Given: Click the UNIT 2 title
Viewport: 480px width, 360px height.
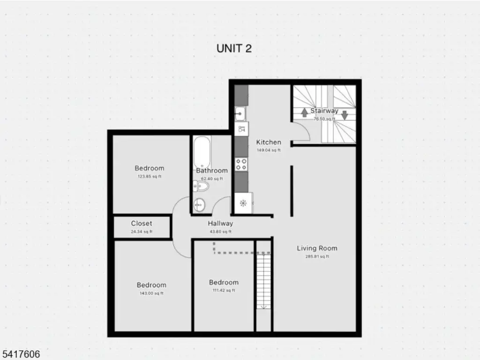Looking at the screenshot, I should click(x=234, y=48).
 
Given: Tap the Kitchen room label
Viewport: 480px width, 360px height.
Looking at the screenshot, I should click(x=269, y=142).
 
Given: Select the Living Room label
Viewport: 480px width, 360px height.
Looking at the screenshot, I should click(x=317, y=248).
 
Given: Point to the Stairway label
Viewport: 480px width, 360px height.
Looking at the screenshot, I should click(x=324, y=111).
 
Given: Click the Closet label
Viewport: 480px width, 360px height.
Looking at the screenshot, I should click(x=142, y=224).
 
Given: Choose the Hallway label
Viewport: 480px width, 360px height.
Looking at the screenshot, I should click(x=220, y=224).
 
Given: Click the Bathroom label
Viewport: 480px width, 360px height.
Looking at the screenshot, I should click(x=212, y=171).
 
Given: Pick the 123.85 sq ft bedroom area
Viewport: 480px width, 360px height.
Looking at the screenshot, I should click(x=150, y=177).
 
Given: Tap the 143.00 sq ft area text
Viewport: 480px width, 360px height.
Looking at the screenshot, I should click(x=151, y=293).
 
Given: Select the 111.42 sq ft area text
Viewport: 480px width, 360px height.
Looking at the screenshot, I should click(x=224, y=291).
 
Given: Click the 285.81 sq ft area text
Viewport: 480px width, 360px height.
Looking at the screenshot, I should click(x=317, y=256).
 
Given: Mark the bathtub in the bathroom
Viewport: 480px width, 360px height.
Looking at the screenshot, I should click(x=202, y=151).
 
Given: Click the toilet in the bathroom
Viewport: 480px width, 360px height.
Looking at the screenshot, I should click(x=201, y=187).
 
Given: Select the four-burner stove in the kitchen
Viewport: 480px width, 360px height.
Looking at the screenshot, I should click(x=241, y=164).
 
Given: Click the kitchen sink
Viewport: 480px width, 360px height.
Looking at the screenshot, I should click(x=240, y=113).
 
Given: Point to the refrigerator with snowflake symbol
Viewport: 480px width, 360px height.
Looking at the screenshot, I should click(x=243, y=203).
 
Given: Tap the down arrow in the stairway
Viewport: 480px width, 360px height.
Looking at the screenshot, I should click(x=345, y=114).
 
